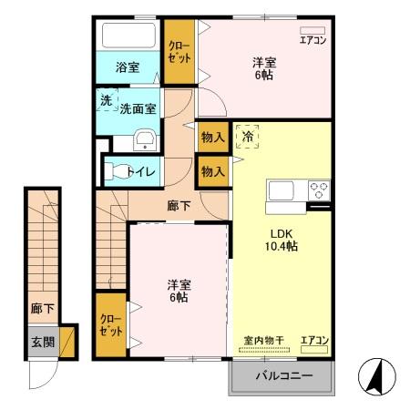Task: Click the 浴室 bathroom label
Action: [127, 67]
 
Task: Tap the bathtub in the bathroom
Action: [128, 36]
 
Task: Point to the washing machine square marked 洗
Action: [107, 100]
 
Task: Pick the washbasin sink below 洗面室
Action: [143, 139]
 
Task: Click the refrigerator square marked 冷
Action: [248, 136]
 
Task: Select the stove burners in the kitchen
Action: [320, 190]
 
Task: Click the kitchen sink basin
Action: [281, 190]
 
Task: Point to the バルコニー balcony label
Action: [283, 376]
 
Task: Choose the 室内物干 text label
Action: [264, 341]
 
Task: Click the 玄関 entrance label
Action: [40, 342]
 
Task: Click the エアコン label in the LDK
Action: [314, 341]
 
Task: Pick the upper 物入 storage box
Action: [212, 136]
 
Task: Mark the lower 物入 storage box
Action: [212, 170]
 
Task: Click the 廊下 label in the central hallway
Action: [179, 206]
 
